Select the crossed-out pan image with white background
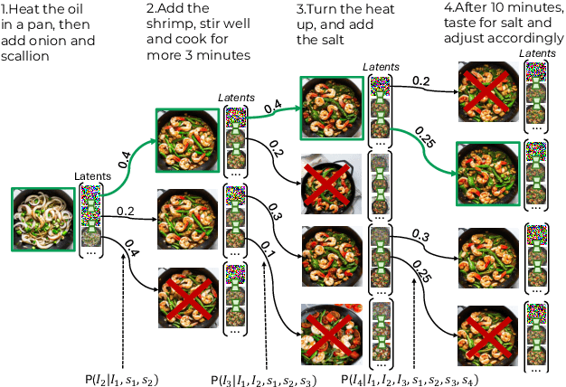331,184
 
